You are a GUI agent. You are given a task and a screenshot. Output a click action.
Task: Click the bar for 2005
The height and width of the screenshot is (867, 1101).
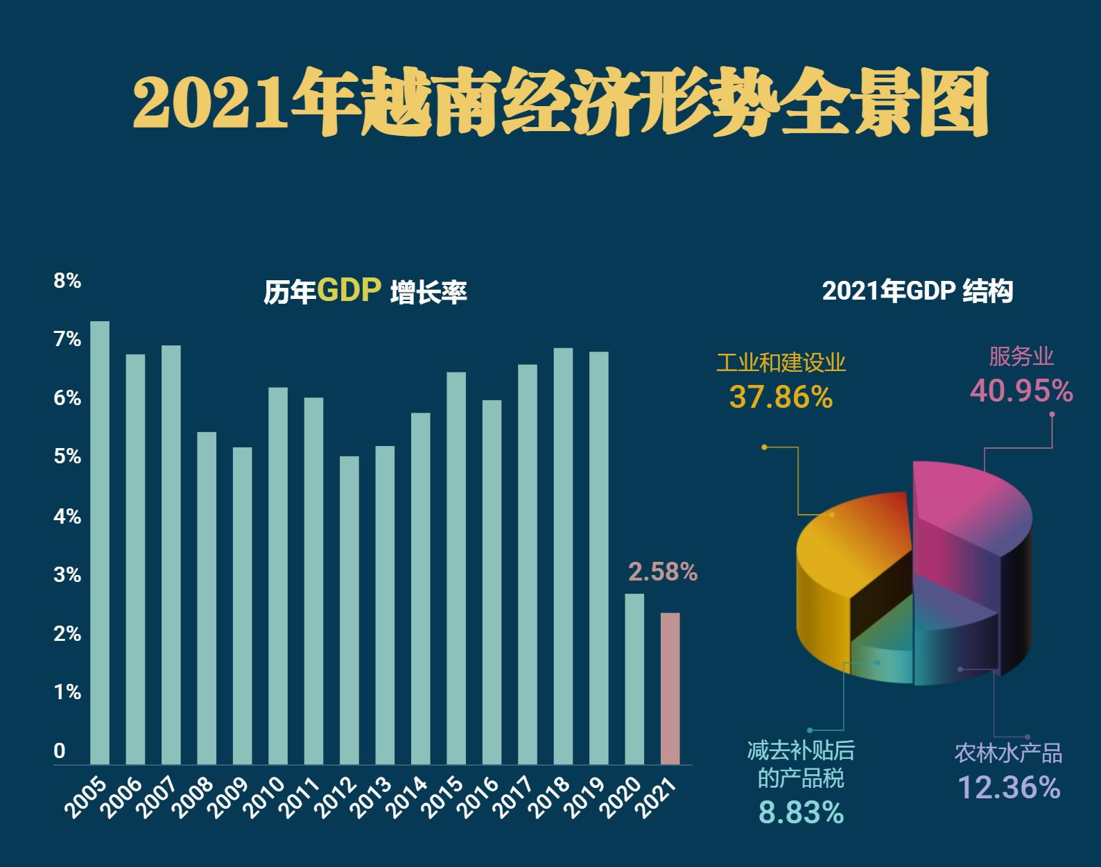point(100,542)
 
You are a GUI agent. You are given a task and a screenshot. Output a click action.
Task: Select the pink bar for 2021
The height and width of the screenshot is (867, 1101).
point(670,688)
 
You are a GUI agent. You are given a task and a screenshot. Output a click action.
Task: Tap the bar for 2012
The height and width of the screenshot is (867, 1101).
point(349,610)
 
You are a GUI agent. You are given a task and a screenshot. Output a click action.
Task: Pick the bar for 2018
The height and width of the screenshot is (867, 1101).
point(563,556)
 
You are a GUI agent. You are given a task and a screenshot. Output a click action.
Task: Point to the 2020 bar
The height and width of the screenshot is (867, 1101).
point(634,678)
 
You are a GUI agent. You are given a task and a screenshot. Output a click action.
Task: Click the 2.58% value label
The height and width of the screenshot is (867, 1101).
point(662,572)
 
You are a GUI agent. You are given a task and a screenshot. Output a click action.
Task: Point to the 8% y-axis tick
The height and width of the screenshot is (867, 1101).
point(67,281)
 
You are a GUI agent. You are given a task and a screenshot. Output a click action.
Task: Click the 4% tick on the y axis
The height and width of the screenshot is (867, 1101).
point(67,517)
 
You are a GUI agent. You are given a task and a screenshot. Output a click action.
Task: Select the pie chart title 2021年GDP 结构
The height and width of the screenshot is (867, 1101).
point(917,291)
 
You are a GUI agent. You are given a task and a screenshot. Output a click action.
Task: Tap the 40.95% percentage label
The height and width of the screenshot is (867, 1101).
point(1021,391)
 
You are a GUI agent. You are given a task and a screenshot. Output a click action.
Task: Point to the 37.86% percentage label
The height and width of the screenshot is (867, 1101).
point(781,397)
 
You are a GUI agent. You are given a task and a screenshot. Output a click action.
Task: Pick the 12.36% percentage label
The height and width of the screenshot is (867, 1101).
point(1009,787)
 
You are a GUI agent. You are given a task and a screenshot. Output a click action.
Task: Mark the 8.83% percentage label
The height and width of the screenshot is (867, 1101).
point(801,812)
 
